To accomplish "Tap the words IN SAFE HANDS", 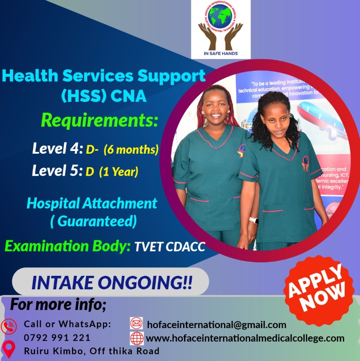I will (220, 53).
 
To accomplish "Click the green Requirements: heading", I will (99, 120).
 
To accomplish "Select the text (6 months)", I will (131, 149).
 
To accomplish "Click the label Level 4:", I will (57, 149).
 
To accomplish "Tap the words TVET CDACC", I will (170, 247).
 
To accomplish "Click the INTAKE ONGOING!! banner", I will (111, 283).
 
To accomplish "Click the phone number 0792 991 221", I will (57, 338).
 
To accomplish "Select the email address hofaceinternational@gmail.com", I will (216, 324).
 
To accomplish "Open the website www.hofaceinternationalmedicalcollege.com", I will (245, 338).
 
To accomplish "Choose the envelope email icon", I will (136, 324).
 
